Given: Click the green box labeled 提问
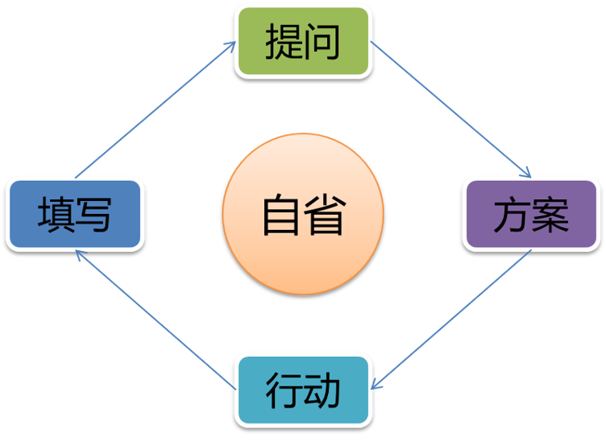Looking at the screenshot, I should pos(303,41).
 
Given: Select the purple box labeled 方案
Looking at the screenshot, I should pos(531,214).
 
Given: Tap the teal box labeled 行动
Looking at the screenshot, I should pos(303,391).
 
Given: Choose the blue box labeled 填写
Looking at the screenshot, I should pos(74,214).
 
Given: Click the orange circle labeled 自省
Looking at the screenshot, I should pos(303,215).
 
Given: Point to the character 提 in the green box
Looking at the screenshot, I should pos(283,41).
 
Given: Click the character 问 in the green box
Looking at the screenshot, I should pos(322,41).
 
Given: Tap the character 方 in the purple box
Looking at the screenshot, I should pos(512,215).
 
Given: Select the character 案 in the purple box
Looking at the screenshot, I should pos(551,215).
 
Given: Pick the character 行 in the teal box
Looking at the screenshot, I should pos(283,391).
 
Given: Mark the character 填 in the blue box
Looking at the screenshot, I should pos(55,215).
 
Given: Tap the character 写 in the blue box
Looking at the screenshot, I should pos(93,215).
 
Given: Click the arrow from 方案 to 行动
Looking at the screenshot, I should pos(453,320).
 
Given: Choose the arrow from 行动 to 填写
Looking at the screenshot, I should pos(155,320).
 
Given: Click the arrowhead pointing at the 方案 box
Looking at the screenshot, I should pos(525,172).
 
